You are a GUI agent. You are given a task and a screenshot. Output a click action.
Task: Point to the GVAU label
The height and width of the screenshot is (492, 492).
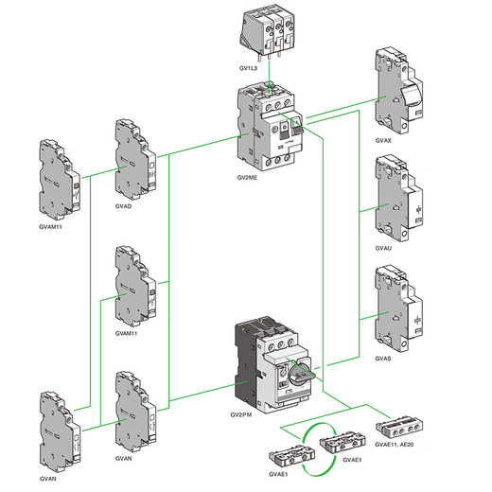383,247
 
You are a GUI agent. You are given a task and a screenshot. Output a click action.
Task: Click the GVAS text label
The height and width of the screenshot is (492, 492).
383,360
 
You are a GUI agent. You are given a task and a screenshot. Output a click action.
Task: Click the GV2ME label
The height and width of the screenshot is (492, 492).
248,177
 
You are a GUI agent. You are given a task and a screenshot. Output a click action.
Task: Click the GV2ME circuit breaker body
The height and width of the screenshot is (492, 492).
270,128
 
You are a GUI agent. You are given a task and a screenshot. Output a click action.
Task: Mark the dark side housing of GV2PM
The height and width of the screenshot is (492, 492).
247,364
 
